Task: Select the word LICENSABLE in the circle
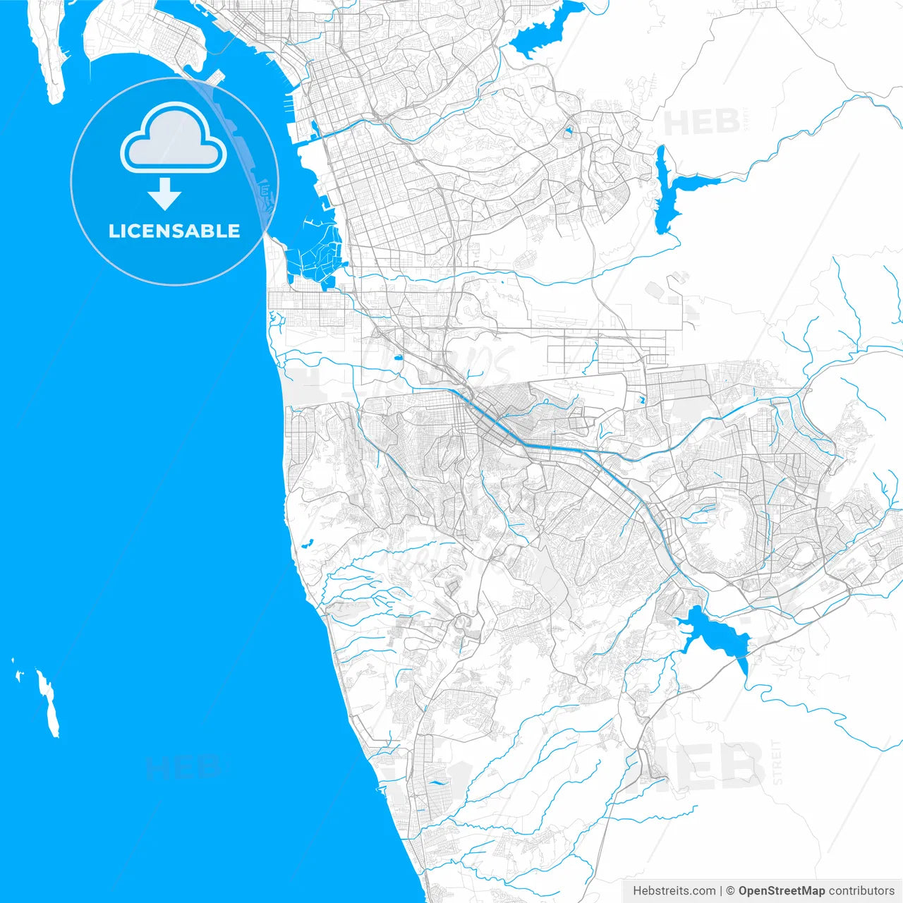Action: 174,231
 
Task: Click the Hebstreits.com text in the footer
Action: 674,890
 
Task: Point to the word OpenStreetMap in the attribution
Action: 782,890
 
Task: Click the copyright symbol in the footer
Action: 730,890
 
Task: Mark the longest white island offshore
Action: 48,702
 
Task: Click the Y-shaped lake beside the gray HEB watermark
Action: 670,190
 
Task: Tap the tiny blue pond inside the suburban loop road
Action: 568,131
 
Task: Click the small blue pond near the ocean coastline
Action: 307,543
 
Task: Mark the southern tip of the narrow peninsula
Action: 56,99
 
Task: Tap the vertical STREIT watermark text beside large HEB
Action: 777,762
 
